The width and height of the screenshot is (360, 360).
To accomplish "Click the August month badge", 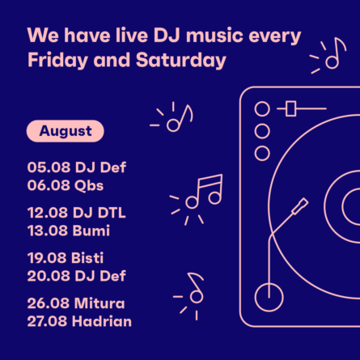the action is [66, 131].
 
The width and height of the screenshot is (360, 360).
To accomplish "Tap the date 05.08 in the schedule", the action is [49, 167].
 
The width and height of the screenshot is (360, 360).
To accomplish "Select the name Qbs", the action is [89, 186].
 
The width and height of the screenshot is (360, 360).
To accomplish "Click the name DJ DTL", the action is [99, 213].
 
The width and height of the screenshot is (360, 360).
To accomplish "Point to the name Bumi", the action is [91, 231].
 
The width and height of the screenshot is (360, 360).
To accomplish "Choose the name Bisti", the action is [87, 257].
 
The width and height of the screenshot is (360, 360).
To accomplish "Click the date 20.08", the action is [49, 276].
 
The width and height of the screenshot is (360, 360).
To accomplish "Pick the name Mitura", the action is [100, 303].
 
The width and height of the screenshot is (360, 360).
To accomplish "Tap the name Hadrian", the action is [102, 321].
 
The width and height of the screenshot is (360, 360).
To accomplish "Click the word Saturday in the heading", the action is [181, 60].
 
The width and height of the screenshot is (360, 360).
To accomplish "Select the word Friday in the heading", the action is [58, 61].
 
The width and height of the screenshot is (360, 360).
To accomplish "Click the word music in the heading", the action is [214, 36].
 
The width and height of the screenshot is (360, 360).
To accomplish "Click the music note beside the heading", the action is [336, 53].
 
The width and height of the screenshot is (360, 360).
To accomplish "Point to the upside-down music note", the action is [197, 288].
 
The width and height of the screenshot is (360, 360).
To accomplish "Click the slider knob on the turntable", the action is [290, 108].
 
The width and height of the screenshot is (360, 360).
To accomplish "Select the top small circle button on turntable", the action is [262, 109].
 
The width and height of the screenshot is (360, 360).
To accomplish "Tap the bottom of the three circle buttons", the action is [262, 153].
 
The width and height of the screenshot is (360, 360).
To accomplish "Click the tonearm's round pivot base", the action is [269, 297].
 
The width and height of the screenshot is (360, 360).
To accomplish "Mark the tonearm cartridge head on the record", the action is [300, 206].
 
